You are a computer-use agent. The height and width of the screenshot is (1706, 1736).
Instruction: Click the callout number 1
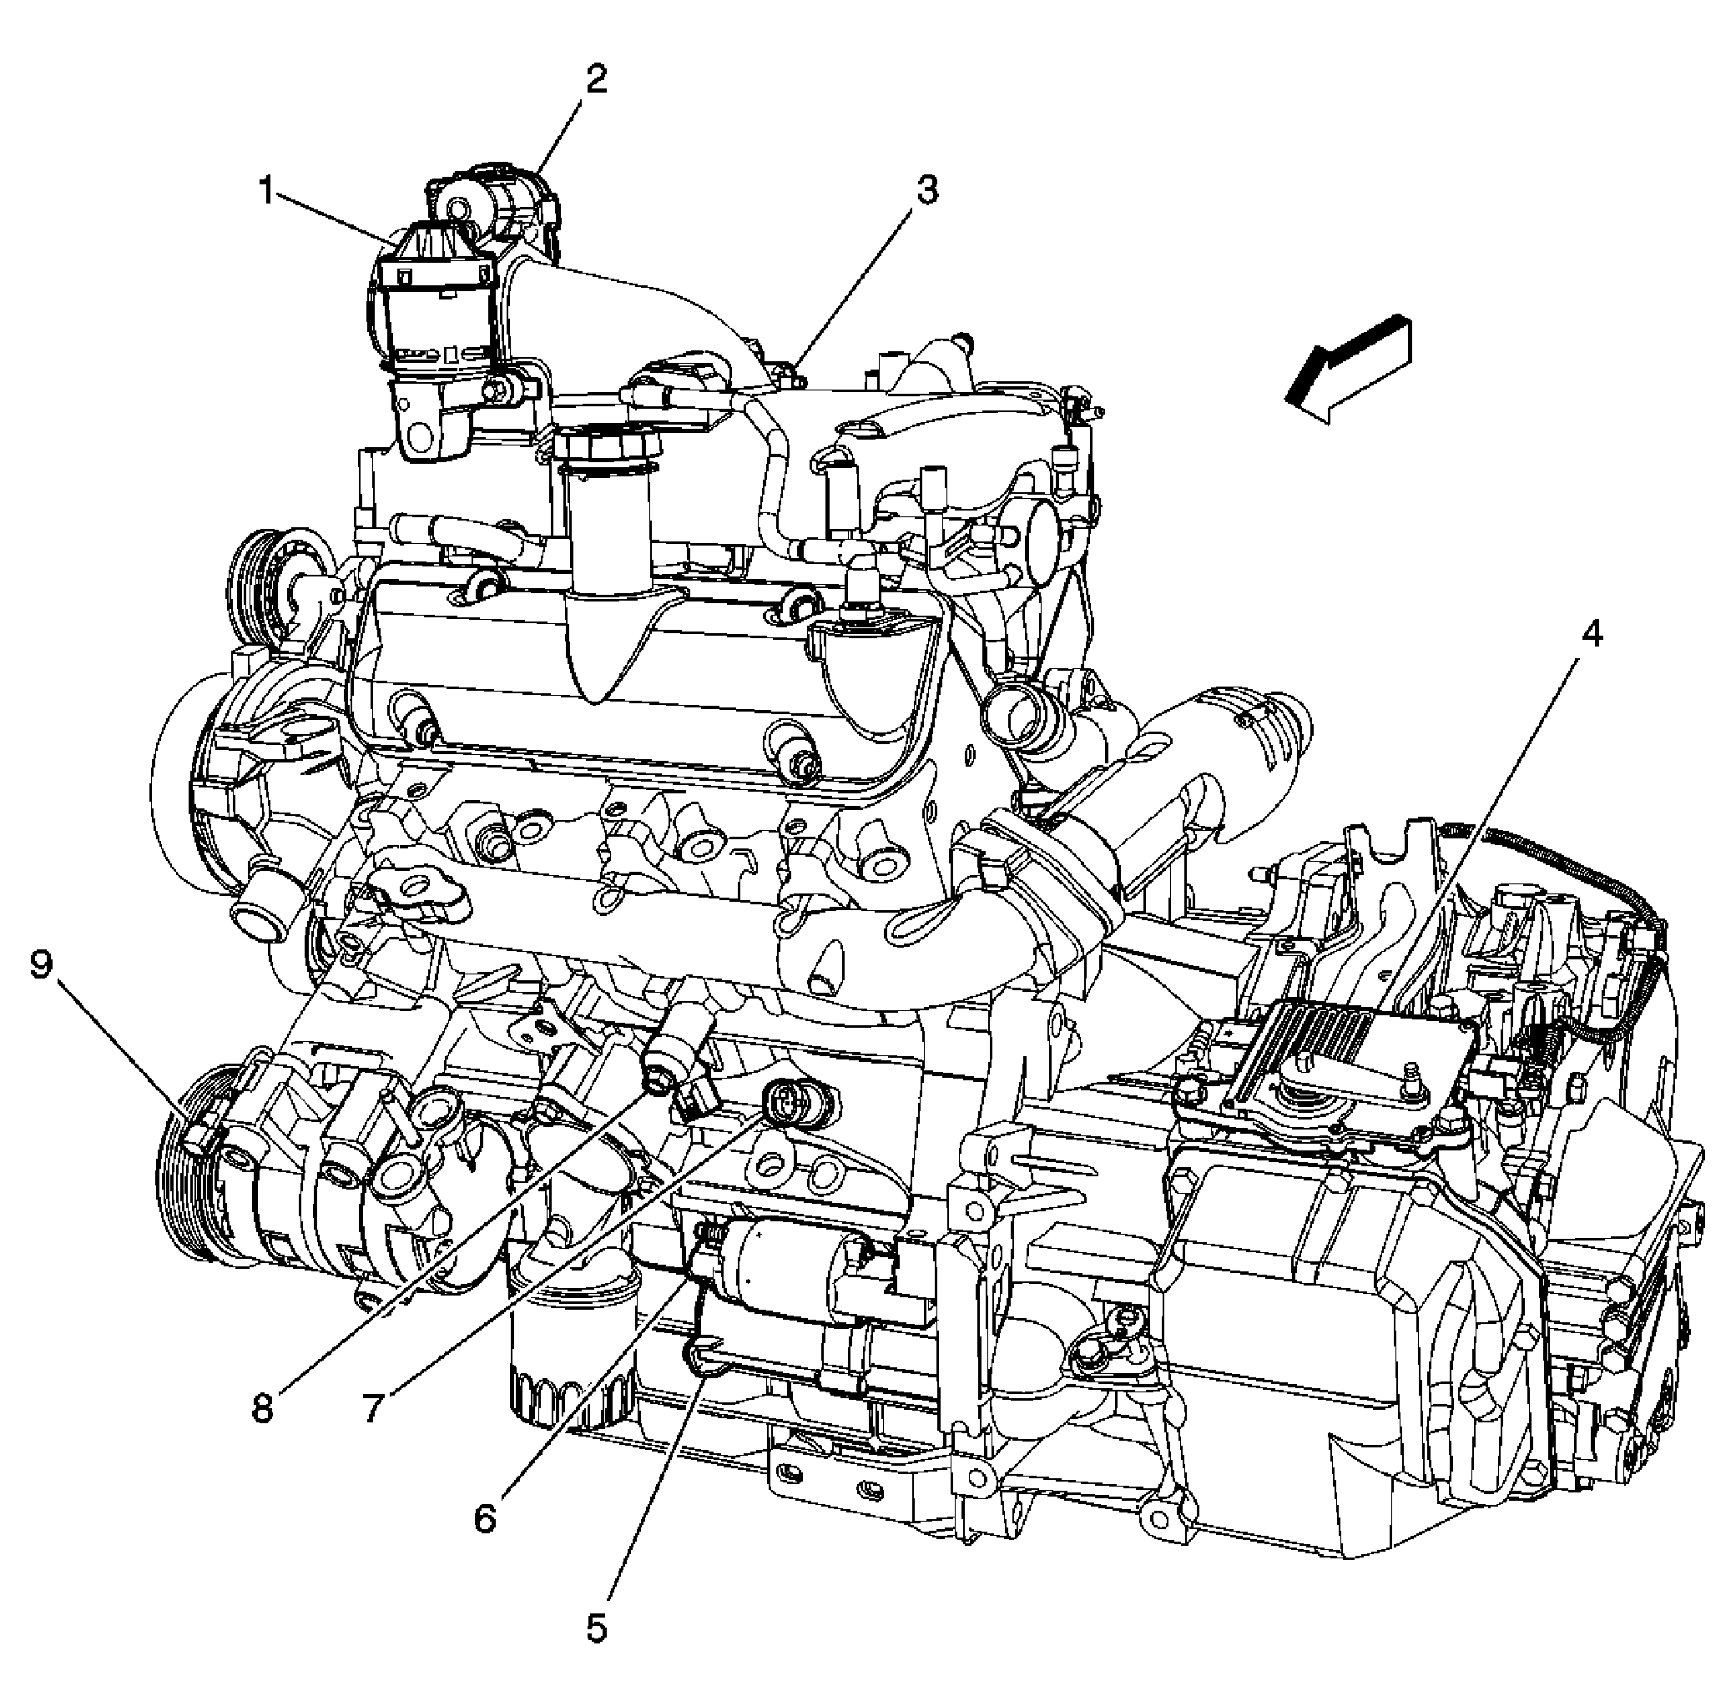pyautogui.click(x=265, y=191)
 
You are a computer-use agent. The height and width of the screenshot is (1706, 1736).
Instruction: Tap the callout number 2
pyautogui.click(x=595, y=80)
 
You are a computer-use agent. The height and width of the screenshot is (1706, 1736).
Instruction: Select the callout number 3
pyautogui.click(x=926, y=190)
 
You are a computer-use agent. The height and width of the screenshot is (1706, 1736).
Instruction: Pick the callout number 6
pyautogui.click(x=485, y=1517)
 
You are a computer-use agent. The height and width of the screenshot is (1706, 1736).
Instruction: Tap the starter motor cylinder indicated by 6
pyautogui.click(x=789, y=1266)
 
